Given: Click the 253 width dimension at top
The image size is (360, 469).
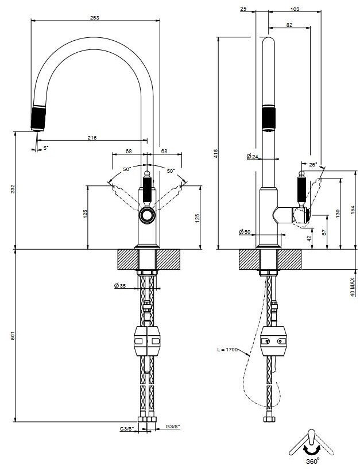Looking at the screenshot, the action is pyautogui.click(x=95, y=18).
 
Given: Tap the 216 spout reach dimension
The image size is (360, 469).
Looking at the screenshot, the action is pyautogui.click(x=92, y=138).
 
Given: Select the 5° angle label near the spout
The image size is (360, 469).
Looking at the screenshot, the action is pyautogui.click(x=45, y=148).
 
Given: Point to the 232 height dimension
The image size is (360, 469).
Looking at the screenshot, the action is pyautogui.click(x=13, y=189).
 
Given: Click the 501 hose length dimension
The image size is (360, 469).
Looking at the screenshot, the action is pyautogui.click(x=13, y=336).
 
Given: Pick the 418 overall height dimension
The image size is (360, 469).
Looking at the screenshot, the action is pyautogui.click(x=216, y=153).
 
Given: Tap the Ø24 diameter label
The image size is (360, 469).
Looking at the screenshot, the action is pyautogui.click(x=252, y=156).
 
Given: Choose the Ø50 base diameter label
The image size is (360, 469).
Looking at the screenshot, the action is pyautogui.click(x=245, y=232).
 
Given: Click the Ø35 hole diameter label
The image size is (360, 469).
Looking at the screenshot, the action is pyautogui.click(x=119, y=286).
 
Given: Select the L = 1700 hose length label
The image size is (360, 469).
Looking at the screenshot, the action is pyautogui.click(x=227, y=350).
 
